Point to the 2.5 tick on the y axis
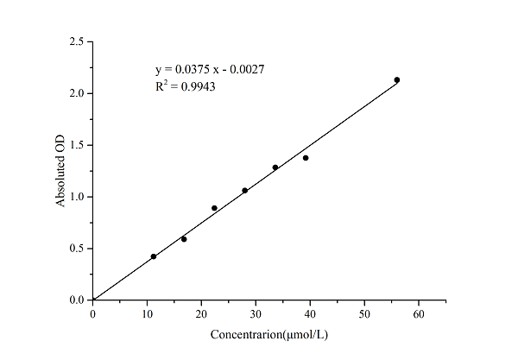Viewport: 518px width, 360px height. [x=77, y=41]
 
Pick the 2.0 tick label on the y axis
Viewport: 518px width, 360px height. [x=77, y=93]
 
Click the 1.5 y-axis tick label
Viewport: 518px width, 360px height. [x=77, y=145]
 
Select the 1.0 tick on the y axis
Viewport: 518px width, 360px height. [x=77, y=197]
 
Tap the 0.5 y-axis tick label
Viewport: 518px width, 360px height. [x=77, y=249]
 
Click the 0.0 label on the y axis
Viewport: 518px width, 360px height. [x=77, y=300]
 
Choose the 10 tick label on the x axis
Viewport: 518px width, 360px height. [x=147, y=313]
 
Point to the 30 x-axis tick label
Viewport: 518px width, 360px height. [x=256, y=313]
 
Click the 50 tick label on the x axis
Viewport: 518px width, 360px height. [x=364, y=313]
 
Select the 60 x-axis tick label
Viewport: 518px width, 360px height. [x=419, y=313]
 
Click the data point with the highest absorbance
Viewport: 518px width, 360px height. [x=397, y=79]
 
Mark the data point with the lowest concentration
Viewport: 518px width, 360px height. [x=154, y=256]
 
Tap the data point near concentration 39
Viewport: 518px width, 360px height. [x=306, y=158]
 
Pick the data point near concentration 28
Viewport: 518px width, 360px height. [x=245, y=190]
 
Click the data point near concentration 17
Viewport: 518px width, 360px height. [x=184, y=239]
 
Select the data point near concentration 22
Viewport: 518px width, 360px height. [x=214, y=208]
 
